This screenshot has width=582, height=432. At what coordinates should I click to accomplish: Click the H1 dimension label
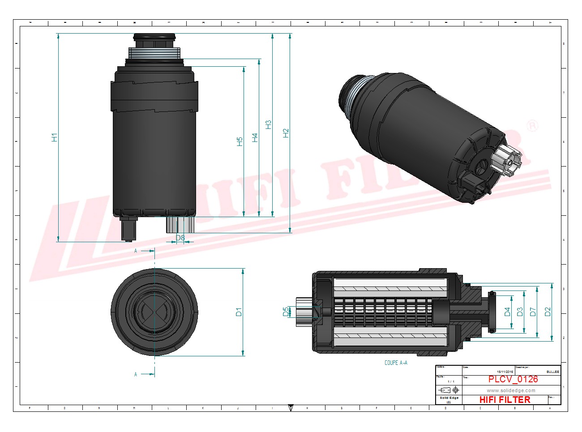[55, 137]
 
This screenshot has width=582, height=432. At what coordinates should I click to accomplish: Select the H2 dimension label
[286, 133]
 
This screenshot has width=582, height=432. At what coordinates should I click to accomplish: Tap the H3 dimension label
[269, 125]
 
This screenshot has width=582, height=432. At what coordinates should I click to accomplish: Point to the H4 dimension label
[255, 137]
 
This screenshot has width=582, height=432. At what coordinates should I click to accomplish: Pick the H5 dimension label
[240, 141]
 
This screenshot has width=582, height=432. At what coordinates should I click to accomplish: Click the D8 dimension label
[180, 238]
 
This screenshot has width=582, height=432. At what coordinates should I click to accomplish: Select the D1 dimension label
[239, 312]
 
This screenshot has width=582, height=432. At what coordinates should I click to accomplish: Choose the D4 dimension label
[507, 312]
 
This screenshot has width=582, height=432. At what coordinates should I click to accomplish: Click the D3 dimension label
[520, 312]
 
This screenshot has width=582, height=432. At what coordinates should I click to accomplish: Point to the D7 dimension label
[533, 312]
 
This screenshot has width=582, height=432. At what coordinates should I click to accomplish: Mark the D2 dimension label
[548, 312]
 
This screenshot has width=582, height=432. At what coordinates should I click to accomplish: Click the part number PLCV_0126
[513, 379]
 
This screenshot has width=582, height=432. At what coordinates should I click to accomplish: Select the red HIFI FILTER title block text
[505, 399]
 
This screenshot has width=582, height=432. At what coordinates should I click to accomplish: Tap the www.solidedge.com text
[511, 390]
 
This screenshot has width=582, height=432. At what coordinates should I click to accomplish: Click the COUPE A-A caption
[396, 363]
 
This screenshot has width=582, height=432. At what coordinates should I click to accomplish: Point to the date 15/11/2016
[505, 372]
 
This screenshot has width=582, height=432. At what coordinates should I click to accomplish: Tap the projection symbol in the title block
[449, 390]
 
